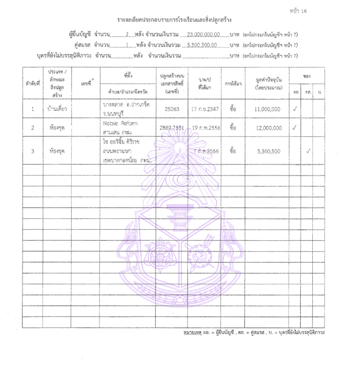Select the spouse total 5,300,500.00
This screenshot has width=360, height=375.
tap(201, 45)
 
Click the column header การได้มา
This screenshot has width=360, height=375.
tap(233, 83)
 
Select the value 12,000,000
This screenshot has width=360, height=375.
tap(267, 128)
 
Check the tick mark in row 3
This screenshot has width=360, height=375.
tap(308, 151)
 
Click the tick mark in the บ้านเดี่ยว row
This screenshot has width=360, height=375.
tap(295, 109)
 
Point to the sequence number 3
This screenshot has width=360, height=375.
tap(32, 151)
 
